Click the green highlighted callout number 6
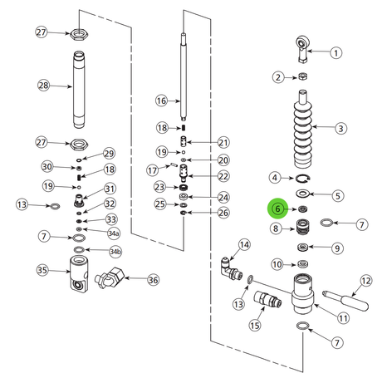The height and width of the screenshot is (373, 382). pyautogui.click(x=277, y=209)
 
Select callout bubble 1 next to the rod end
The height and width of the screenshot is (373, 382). pyautogui.click(x=335, y=52)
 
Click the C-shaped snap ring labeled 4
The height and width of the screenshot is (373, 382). pyautogui.click(x=303, y=179)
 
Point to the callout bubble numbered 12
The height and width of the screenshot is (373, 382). pyautogui.click(x=366, y=281)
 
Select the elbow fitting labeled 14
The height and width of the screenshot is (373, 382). pyautogui.click(x=231, y=268)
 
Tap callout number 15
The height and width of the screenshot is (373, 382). pyautogui.click(x=255, y=325)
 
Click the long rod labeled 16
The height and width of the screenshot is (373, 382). pyautogui.click(x=183, y=76)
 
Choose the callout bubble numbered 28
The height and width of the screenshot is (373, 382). pyautogui.click(x=43, y=86)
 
